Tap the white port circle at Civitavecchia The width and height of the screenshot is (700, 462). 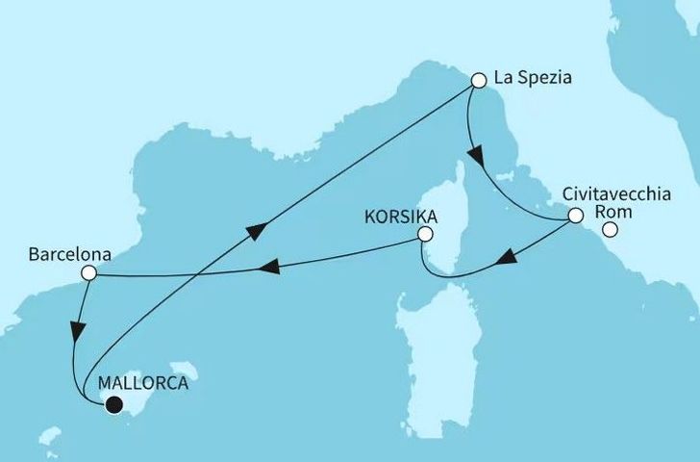point(575,217)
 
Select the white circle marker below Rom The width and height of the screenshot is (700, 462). point(610,230)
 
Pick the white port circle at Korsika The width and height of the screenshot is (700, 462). point(426,234)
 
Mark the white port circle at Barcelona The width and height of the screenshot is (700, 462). point(88,273)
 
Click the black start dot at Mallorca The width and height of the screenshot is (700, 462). point(114,405)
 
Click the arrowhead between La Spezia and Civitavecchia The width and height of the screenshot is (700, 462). point(474,155)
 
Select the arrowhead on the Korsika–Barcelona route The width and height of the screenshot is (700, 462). point(272,265)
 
